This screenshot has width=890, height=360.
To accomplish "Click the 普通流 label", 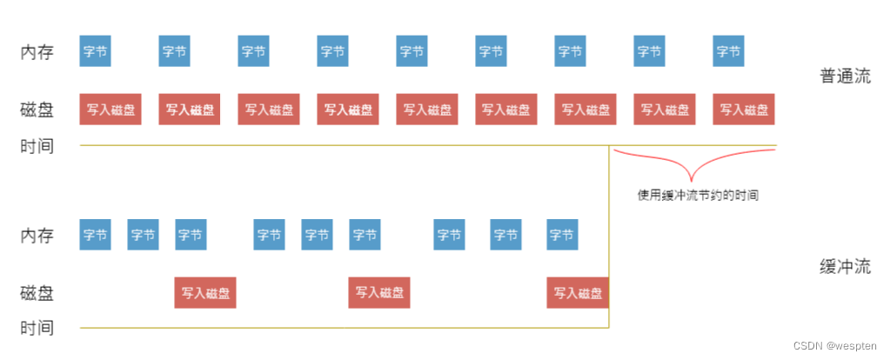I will pyautogui.click(x=844, y=76).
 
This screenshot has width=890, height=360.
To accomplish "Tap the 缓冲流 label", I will pyautogui.click(x=844, y=266).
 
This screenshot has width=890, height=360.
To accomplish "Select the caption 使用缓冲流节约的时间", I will pyautogui.click(x=697, y=196).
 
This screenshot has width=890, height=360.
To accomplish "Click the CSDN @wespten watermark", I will pyautogui.click(x=837, y=346).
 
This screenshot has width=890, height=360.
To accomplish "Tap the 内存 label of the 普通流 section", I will pyautogui.click(x=37, y=51).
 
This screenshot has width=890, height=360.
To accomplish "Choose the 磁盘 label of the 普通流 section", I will pyautogui.click(x=37, y=110).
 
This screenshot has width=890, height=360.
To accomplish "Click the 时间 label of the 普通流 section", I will pyautogui.click(x=37, y=146).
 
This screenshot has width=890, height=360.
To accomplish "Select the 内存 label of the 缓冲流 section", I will pyautogui.click(x=37, y=235).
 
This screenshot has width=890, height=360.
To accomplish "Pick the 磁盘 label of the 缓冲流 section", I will pyautogui.click(x=37, y=293).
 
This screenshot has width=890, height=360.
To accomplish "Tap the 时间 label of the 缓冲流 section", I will pyautogui.click(x=37, y=329).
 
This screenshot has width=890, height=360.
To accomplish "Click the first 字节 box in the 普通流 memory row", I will pyautogui.click(x=95, y=51).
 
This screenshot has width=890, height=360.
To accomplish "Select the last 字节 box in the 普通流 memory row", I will pyautogui.click(x=728, y=51).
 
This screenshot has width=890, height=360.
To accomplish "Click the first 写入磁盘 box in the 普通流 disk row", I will pyautogui.click(x=110, y=110).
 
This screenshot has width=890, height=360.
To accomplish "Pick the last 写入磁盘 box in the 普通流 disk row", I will pyautogui.click(x=744, y=110).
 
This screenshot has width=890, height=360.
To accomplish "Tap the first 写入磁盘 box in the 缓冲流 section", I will pyautogui.click(x=205, y=293).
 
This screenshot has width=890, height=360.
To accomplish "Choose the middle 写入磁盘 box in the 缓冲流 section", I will pyautogui.click(x=379, y=293).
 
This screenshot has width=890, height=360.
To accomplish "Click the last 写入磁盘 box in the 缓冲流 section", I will pyautogui.click(x=578, y=293).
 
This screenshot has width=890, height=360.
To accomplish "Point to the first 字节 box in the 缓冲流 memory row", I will pyautogui.click(x=95, y=235).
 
